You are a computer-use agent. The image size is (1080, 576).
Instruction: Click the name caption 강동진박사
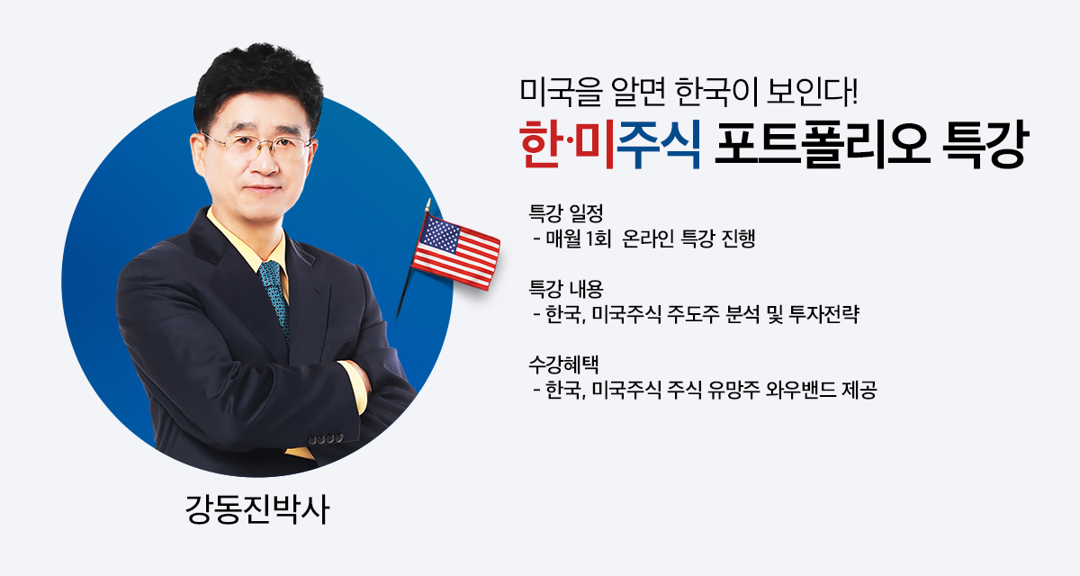[257, 509]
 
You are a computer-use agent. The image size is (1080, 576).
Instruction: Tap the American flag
[455, 252]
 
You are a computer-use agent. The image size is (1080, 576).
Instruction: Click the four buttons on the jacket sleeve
[326, 439]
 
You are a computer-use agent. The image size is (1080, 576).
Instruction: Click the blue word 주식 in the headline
[659, 144]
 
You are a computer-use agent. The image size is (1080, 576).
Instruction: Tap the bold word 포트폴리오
[822, 144]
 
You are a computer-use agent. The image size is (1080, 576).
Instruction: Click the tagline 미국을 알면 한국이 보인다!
[689, 91]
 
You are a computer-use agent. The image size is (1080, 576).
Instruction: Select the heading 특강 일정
[566, 213]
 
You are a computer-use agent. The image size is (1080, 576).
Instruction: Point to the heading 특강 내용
[566, 289]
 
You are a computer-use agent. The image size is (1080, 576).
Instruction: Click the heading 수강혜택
[563, 364]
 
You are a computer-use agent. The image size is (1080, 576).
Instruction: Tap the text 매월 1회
[579, 238]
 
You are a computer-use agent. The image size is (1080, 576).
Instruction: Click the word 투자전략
[824, 314]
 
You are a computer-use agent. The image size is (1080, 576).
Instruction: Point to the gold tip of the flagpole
[427, 204]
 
